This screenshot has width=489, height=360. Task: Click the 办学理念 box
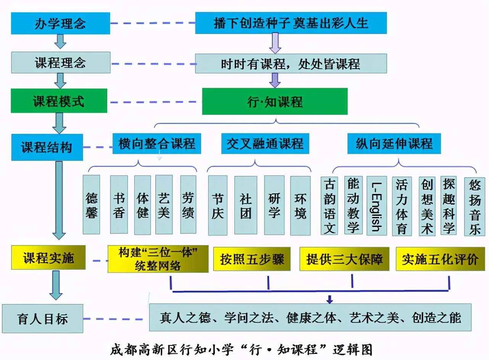click(61, 23)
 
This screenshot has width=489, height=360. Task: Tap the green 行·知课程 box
click(275, 101)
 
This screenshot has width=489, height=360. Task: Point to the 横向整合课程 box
click(157, 144)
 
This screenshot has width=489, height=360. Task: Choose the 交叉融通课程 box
click(265, 143)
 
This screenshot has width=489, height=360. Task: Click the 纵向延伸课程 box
click(394, 143)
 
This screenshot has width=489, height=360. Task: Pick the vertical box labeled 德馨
click(92, 204)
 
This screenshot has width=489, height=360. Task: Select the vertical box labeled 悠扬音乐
click(475, 206)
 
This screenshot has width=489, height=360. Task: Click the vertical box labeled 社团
click(246, 205)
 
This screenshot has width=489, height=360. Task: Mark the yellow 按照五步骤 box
click(252, 259)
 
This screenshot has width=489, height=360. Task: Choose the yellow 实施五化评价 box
click(440, 259)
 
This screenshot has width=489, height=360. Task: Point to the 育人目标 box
click(43, 318)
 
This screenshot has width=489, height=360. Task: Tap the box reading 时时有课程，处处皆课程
click(291, 63)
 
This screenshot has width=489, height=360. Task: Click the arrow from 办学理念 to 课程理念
click(60, 41)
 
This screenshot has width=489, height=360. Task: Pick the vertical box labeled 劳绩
click(188, 204)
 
